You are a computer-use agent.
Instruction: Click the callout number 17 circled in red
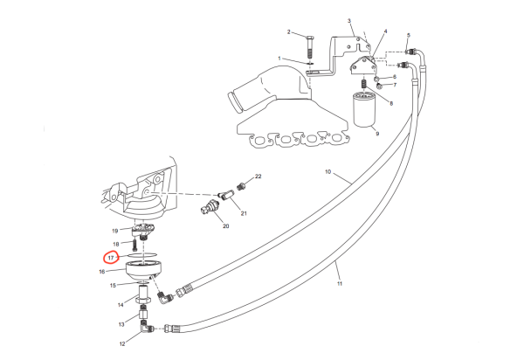point(111,258)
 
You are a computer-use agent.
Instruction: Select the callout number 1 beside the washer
point(279,59)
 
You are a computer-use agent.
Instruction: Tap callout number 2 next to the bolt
point(348,21)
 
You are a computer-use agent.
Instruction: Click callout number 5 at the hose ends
point(408,35)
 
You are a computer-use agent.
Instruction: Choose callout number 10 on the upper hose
point(328,174)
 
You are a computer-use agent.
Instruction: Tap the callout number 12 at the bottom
point(122,343)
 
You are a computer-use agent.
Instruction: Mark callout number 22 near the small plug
point(259,177)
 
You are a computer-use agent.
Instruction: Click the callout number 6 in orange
point(395,77)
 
